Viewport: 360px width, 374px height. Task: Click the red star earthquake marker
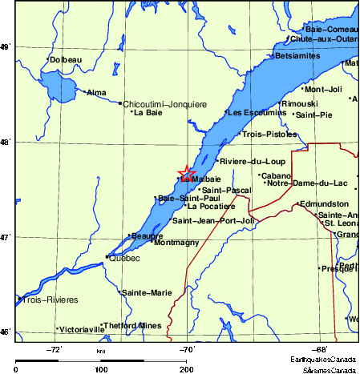(x=186, y=172)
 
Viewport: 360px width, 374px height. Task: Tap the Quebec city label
(x=124, y=259)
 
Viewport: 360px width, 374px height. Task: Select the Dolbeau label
(x=65, y=59)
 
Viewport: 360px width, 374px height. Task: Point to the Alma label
(x=96, y=93)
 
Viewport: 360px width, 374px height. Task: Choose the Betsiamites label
(x=297, y=56)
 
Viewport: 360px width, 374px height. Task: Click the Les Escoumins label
(x=251, y=112)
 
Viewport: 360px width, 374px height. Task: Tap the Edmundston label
(x=324, y=204)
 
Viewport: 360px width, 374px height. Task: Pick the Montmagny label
(x=176, y=243)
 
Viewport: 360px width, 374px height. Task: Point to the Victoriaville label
(x=83, y=329)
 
